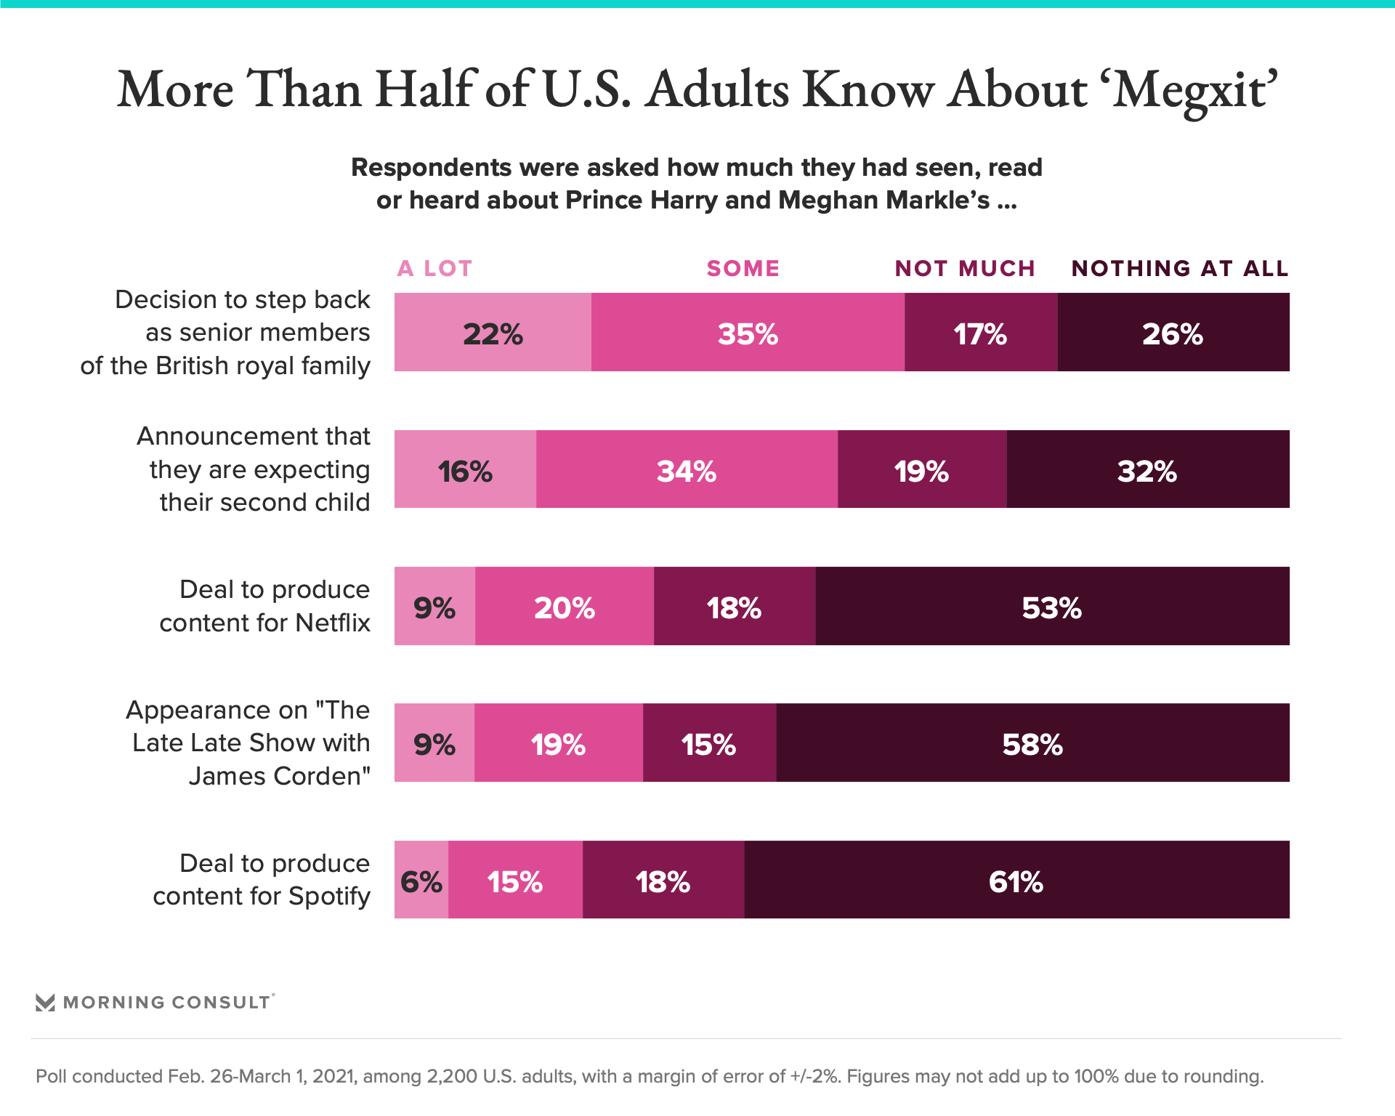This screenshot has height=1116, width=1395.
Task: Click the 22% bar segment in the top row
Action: click(x=493, y=333)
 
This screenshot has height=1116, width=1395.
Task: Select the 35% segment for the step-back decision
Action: click(x=748, y=333)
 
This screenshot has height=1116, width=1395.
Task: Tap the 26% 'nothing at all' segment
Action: click(x=1173, y=333)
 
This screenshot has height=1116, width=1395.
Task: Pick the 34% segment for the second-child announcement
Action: click(x=687, y=469)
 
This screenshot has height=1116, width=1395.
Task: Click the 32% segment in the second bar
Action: click(x=1147, y=469)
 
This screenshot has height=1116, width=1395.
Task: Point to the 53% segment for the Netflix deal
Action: click(x=1051, y=606)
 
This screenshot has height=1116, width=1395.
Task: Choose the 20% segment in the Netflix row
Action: click(x=564, y=606)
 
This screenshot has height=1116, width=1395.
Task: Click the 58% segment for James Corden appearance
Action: click(x=1032, y=743)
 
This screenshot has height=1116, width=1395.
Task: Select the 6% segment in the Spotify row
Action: click(x=421, y=880)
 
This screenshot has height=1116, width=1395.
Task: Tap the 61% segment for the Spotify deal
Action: click(x=1016, y=880)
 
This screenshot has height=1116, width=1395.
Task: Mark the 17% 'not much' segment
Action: click(x=980, y=333)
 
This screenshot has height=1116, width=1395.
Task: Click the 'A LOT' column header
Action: click(x=434, y=269)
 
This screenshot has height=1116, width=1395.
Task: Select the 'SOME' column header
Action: click(x=743, y=269)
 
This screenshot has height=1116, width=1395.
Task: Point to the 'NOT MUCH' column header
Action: click(x=964, y=269)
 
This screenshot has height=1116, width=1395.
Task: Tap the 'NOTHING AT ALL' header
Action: click(x=1179, y=269)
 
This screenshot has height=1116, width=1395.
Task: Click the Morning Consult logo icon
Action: click(x=45, y=1003)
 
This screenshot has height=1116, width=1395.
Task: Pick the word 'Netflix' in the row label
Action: click(x=333, y=623)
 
